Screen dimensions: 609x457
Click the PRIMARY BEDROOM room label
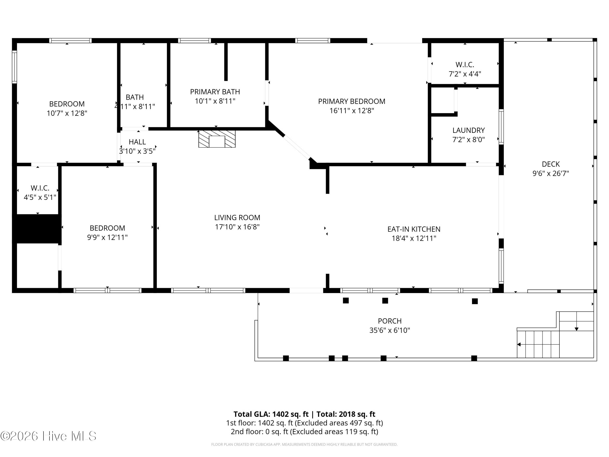coord(352,101)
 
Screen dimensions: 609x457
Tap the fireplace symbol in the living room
coord(217,139)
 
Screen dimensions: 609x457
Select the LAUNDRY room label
coord(469,130)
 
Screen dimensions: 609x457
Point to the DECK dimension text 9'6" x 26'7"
coord(551,173)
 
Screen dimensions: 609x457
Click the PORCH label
coord(390,321)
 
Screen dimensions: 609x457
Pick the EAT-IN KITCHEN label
coord(414,229)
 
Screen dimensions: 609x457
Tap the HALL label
coord(137,142)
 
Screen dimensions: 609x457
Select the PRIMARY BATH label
coord(215,92)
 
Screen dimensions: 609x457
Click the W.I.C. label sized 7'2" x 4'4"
coord(465,65)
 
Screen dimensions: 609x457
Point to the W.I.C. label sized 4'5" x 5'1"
coord(40,188)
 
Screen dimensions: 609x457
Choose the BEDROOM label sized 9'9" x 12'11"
coord(107,228)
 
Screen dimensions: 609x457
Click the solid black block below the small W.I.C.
coord(37,229)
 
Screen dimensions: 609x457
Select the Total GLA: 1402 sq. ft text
coord(271,414)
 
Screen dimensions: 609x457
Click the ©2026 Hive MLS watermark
coord(49,436)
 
